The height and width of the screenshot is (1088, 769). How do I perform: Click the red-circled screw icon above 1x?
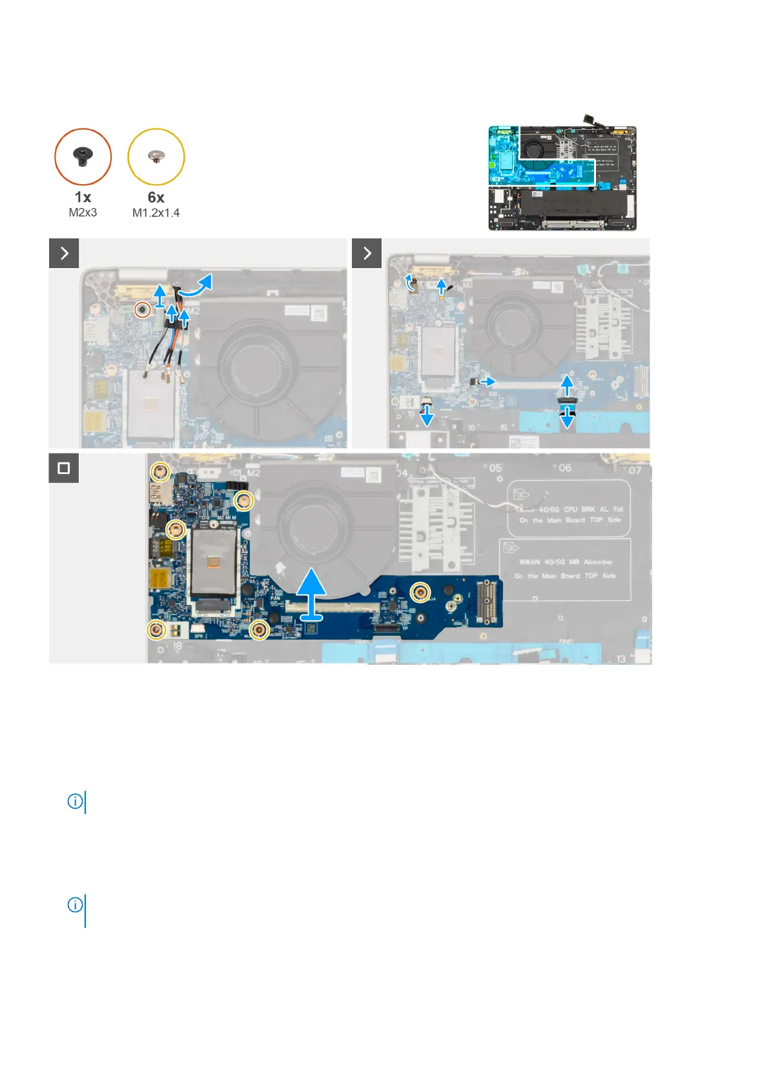[83, 156]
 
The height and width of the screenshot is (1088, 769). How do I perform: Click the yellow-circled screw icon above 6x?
[156, 156]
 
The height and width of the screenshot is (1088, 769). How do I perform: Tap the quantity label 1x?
[83, 197]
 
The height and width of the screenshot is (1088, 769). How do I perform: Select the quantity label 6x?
[156, 197]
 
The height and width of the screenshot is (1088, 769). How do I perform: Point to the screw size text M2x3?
[83, 213]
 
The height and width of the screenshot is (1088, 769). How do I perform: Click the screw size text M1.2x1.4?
[156, 213]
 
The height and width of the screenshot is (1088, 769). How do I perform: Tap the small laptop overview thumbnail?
[562, 178]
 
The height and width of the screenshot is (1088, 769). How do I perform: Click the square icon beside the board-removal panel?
[64, 468]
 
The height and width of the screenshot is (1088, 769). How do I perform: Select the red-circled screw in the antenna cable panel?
[141, 311]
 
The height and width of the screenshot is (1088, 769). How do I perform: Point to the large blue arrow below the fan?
[312, 592]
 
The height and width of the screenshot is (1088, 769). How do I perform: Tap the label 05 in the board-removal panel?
[495, 468]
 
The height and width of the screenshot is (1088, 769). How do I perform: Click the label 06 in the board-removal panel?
[564, 468]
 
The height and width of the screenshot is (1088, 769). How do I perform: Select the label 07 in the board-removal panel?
[635, 470]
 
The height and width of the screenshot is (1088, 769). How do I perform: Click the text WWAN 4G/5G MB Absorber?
[566, 562]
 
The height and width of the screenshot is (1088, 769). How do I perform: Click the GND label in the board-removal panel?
[566, 642]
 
